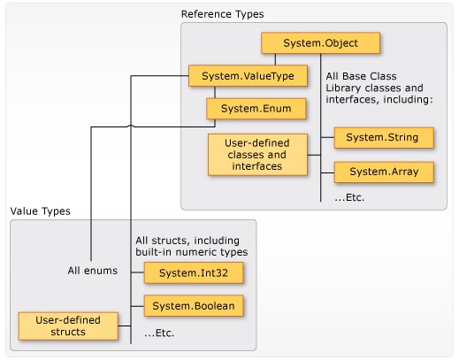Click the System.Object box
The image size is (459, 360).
(321, 43)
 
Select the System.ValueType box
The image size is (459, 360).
(248, 76)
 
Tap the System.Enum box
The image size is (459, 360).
(256, 109)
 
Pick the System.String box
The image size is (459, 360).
(384, 138)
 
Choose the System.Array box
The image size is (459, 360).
(384, 172)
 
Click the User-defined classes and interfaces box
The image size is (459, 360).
(257, 155)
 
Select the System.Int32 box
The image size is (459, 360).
(194, 273)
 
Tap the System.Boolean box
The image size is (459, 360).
(194, 306)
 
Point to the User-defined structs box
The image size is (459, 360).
(68, 326)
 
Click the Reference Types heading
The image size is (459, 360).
(223, 14)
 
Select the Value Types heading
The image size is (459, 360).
(41, 211)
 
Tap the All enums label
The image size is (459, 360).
(93, 271)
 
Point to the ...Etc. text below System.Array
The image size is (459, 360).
(349, 197)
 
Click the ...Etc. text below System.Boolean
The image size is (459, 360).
(159, 333)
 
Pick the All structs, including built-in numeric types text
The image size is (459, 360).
(192, 246)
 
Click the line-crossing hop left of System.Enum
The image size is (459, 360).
(131, 126)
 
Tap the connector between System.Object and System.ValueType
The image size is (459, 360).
(275, 59)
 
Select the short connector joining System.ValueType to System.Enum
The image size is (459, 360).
(215, 92)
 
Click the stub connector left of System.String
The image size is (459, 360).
(327, 138)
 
